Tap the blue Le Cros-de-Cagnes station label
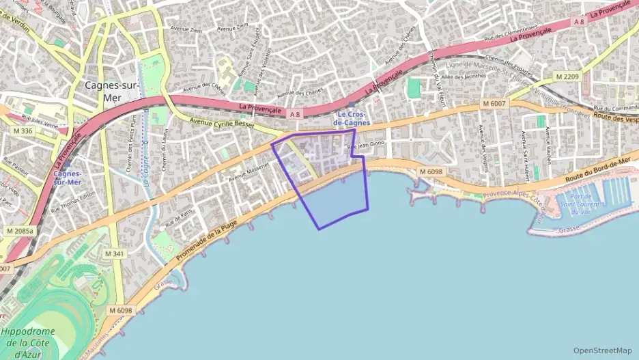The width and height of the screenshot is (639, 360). [x=352, y=118]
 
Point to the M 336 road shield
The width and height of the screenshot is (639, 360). [x=22, y=130]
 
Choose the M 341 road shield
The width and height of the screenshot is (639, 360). [x=114, y=253]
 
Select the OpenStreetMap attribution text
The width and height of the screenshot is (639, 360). [x=603, y=350]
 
